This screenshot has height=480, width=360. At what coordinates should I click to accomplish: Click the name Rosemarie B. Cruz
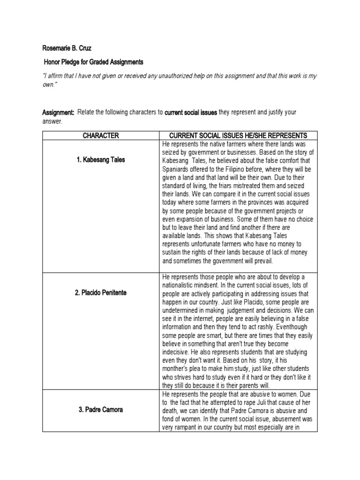tap(67, 47)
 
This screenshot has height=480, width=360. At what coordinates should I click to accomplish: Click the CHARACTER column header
tap(101, 135)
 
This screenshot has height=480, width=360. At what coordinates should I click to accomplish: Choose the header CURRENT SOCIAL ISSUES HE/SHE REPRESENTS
tap(238, 135)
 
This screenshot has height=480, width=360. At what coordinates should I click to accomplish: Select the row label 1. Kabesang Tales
tap(101, 160)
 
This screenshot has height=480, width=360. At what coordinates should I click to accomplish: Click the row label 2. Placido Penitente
tap(101, 293)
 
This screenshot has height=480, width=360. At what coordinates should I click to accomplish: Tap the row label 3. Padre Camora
tap(101, 410)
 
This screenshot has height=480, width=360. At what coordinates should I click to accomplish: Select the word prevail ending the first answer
tap(260, 261)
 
